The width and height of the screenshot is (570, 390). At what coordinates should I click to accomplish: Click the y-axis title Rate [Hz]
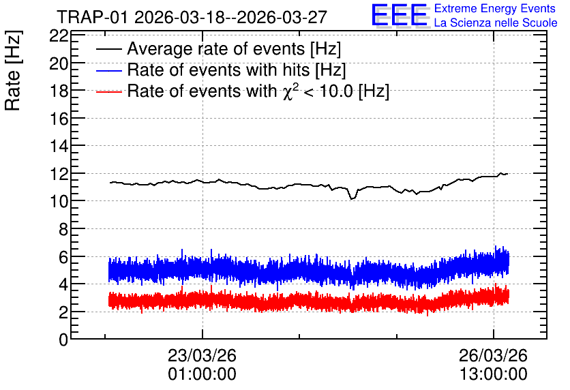coord(13,70)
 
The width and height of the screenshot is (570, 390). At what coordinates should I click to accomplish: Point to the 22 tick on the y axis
coord(59,35)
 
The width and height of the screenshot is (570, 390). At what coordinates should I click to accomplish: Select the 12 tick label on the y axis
coord(59,174)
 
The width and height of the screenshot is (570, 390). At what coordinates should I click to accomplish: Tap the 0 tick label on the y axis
coord(63,340)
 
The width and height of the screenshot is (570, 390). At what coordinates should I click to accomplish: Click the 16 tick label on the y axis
coord(59,119)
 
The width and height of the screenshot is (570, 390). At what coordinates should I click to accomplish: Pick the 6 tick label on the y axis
coord(63,256)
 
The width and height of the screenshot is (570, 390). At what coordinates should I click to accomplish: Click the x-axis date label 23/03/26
coord(202,355)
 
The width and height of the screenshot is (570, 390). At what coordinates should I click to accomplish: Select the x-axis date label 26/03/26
coord(494,355)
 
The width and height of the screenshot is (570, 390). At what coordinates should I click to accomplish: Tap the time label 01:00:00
coord(202,374)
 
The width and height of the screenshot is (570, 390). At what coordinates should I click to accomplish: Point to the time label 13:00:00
coord(494,374)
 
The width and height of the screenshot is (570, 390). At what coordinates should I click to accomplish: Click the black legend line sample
coord(109,49)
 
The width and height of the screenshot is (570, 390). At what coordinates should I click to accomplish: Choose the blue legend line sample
coord(109,70)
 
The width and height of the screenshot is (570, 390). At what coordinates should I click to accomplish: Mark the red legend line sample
coord(109,91)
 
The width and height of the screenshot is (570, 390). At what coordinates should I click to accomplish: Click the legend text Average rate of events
coord(216,49)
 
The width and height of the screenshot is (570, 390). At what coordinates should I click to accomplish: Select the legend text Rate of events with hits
coord(218,70)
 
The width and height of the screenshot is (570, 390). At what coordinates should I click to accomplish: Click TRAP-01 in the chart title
coord(93,17)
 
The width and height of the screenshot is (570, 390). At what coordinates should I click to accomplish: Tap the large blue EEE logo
coord(400,15)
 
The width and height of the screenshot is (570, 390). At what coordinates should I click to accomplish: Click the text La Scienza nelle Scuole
coord(496,23)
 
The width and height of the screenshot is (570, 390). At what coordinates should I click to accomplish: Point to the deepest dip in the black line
coord(352,198)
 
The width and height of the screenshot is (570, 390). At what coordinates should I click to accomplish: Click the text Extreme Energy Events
coord(495,8)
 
